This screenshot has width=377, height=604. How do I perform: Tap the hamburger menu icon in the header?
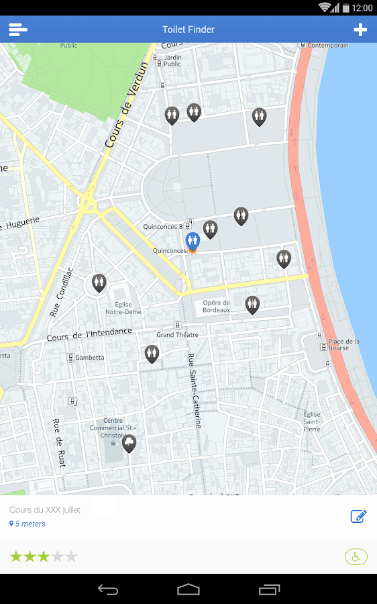[x=18, y=30]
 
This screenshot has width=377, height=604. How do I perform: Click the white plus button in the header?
[x=360, y=30]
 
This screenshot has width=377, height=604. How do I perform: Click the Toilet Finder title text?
[x=188, y=30]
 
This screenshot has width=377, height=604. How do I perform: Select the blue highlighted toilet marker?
[x=193, y=241]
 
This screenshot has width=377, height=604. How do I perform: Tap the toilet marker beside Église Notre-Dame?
[x=99, y=283]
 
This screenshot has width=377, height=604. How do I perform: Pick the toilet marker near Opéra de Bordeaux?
[x=252, y=305]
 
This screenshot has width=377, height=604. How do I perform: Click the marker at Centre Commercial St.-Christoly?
[x=129, y=443]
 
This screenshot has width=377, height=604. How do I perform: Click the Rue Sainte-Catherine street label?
[x=194, y=391]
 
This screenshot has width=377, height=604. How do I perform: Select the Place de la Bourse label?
[x=343, y=344]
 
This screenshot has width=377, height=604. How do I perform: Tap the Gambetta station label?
[x=89, y=358]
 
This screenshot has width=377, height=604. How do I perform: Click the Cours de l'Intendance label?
[x=89, y=334]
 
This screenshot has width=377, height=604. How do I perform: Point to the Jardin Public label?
[x=172, y=60]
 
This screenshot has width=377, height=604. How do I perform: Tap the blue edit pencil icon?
[x=358, y=516]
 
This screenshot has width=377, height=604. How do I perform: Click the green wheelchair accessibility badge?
[x=356, y=556]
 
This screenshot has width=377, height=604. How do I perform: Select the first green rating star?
[x=15, y=556]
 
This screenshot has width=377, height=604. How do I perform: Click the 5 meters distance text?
[x=30, y=523]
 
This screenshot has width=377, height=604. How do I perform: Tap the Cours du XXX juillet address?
[x=45, y=510]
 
